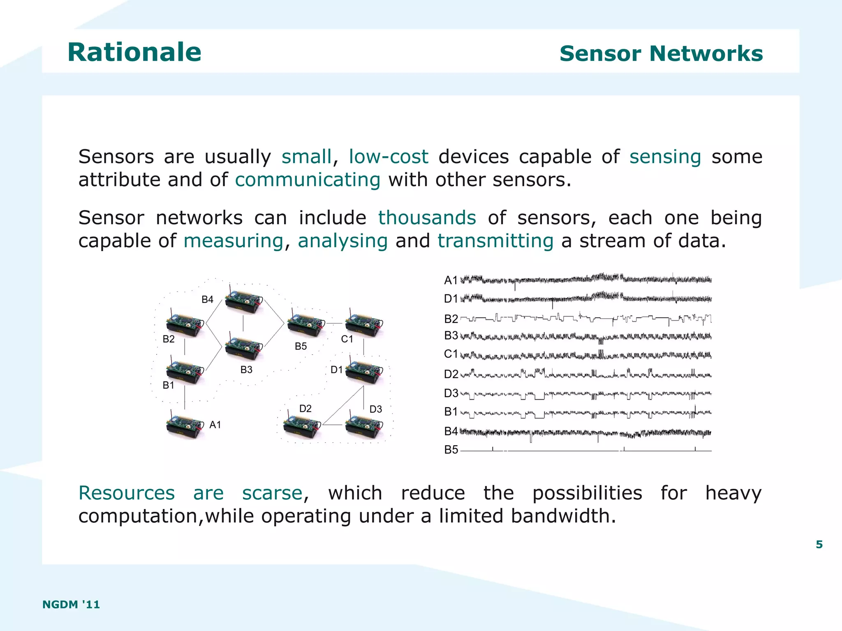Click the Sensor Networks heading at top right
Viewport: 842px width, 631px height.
(x=661, y=53)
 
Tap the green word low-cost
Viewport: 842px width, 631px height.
(x=388, y=157)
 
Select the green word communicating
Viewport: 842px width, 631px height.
(x=308, y=180)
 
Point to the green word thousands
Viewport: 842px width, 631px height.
(x=427, y=217)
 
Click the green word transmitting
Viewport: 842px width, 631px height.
(x=495, y=240)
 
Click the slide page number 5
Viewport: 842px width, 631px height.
(x=819, y=544)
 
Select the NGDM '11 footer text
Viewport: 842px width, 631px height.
(x=71, y=604)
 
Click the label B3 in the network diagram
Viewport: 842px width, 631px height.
(x=246, y=370)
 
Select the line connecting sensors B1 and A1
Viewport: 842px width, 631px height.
(x=185, y=397)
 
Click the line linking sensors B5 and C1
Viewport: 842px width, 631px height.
(x=334, y=324)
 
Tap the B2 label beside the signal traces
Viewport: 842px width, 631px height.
(x=451, y=319)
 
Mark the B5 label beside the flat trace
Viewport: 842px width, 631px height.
(x=451, y=450)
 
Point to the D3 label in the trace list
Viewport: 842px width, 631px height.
(x=451, y=393)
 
